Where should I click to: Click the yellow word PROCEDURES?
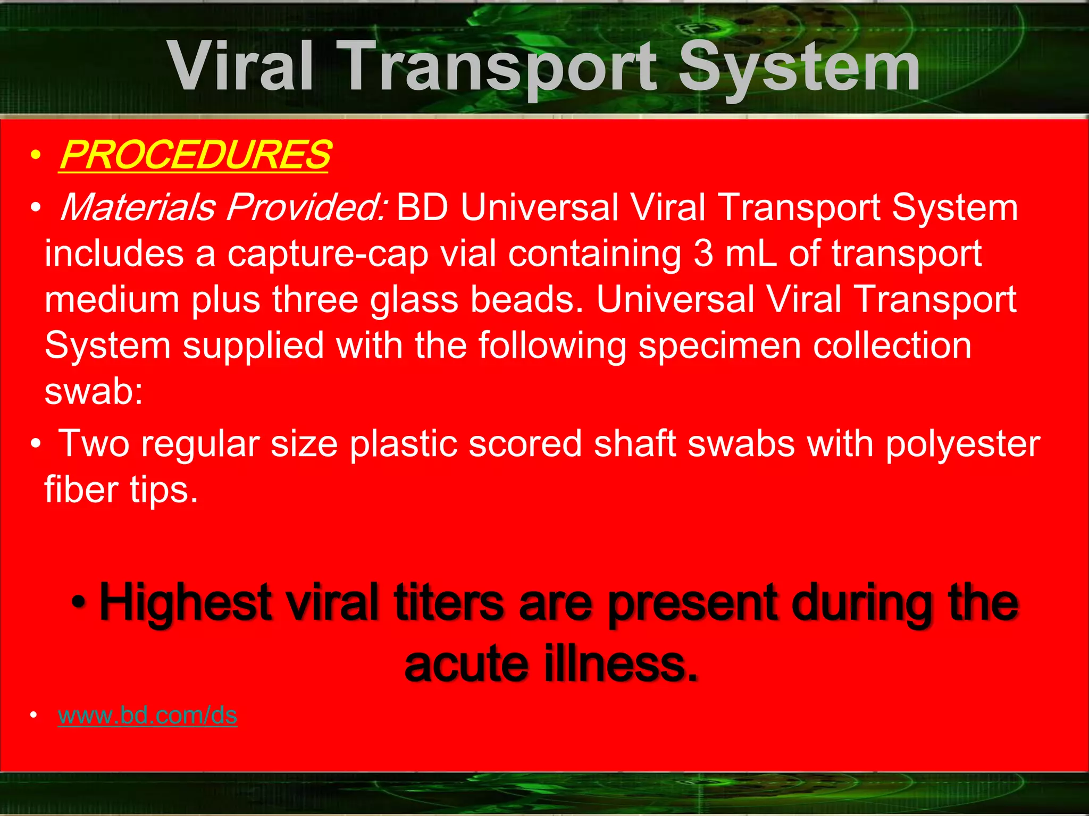pyautogui.click(x=195, y=155)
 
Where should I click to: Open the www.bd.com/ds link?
pyautogui.click(x=147, y=715)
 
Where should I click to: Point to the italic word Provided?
pyautogui.click(x=307, y=207)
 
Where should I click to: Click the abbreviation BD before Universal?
pyautogui.click(x=423, y=207)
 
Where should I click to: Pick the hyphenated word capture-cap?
pyautogui.click(x=328, y=254)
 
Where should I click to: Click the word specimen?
pyautogui.click(x=719, y=346)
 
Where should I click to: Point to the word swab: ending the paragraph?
pyautogui.click(x=94, y=392)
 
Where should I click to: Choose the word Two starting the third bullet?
pyautogui.click(x=94, y=443)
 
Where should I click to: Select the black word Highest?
pyautogui.click(x=186, y=603)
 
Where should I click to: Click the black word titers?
pyautogui.click(x=448, y=603)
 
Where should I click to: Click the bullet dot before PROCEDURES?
pyautogui.click(x=35, y=156)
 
